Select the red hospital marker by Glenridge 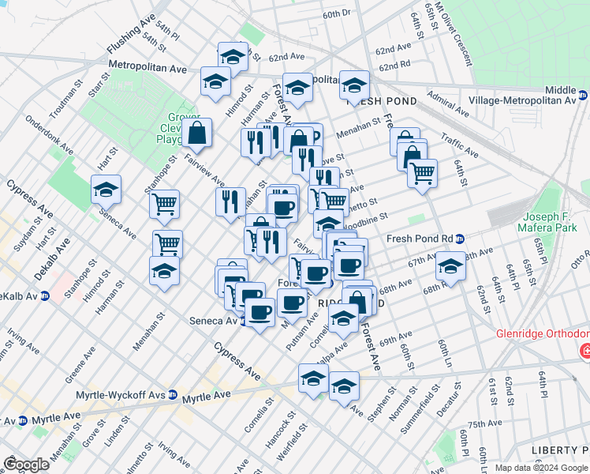584,350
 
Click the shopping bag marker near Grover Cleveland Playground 197,134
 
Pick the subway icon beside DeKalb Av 45,296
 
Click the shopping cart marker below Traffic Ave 423,172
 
